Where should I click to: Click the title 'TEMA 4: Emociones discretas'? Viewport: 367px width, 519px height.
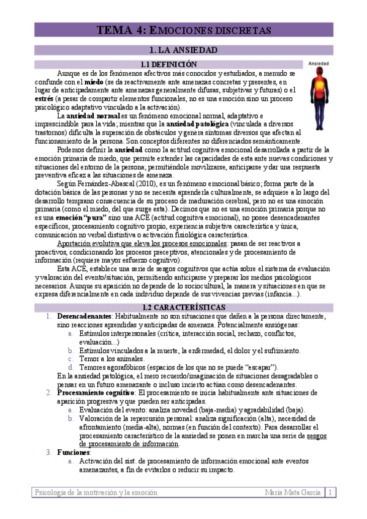(184, 30)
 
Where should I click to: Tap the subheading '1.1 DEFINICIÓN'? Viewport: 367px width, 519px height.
(168, 64)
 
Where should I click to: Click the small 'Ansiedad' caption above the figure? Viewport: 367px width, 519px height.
(319, 64)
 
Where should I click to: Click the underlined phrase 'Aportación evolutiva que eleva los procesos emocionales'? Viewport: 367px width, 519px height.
(142, 243)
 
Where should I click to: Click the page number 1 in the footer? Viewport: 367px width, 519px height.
(330, 492)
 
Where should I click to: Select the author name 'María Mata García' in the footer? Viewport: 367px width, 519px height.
(293, 492)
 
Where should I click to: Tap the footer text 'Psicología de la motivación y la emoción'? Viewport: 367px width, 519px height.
(96, 492)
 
